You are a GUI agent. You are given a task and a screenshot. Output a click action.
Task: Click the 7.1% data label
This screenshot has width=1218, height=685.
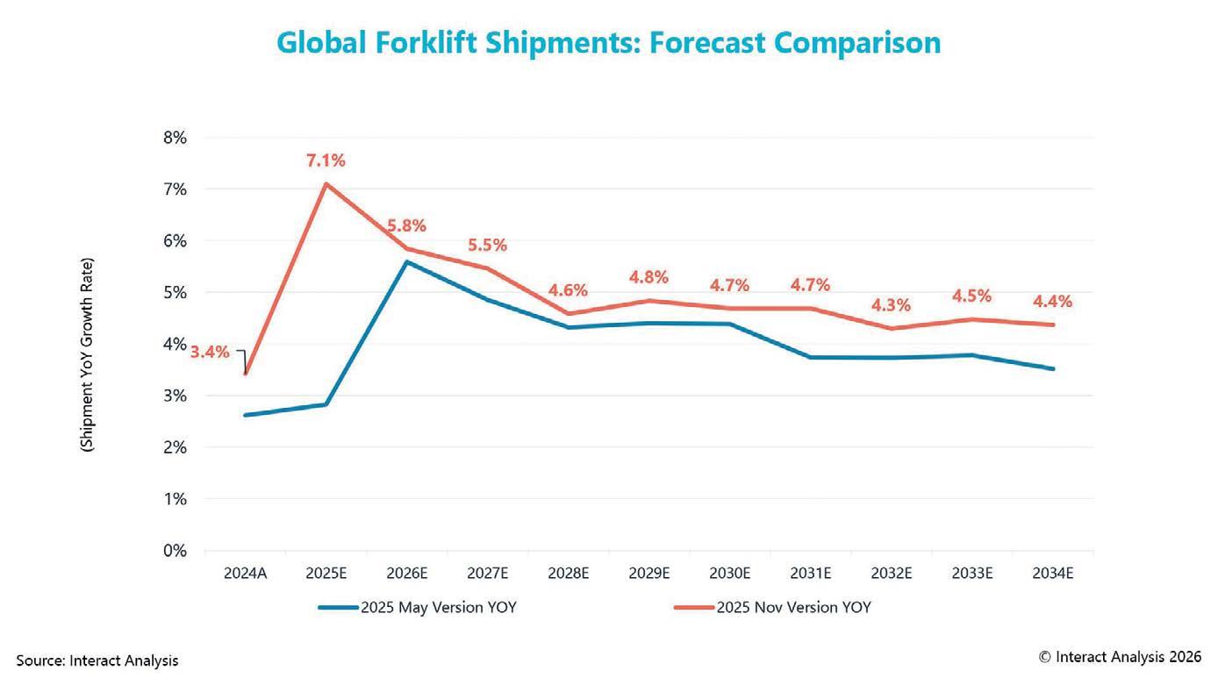pyautogui.click(x=326, y=161)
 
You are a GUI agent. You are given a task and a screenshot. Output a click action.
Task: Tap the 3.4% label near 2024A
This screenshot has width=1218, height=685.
pyautogui.click(x=210, y=353)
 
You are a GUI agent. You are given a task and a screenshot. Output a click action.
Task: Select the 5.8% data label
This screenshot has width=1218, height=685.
pyautogui.click(x=406, y=225)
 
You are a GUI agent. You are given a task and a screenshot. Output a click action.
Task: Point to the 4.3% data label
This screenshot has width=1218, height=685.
pyautogui.click(x=892, y=306)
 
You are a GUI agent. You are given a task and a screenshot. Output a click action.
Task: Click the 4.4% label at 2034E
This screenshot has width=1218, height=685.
pyautogui.click(x=1053, y=301)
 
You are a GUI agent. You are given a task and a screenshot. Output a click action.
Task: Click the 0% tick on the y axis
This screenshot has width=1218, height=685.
pyautogui.click(x=175, y=551)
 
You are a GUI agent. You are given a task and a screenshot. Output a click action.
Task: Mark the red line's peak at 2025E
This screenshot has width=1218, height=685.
pyautogui.click(x=326, y=183)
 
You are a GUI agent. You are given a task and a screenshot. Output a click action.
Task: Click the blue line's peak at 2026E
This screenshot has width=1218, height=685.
pyautogui.click(x=406, y=261)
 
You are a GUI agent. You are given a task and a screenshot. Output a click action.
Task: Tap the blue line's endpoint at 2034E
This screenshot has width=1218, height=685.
pyautogui.click(x=1053, y=369)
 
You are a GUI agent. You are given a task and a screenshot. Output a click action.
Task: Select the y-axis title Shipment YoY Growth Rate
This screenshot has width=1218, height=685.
pyautogui.click(x=89, y=354)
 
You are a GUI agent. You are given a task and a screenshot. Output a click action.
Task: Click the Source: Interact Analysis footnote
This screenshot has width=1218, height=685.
pyautogui.click(x=97, y=660)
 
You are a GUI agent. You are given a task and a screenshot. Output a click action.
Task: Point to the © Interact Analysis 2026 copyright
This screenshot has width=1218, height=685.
pyautogui.click(x=1120, y=656)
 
